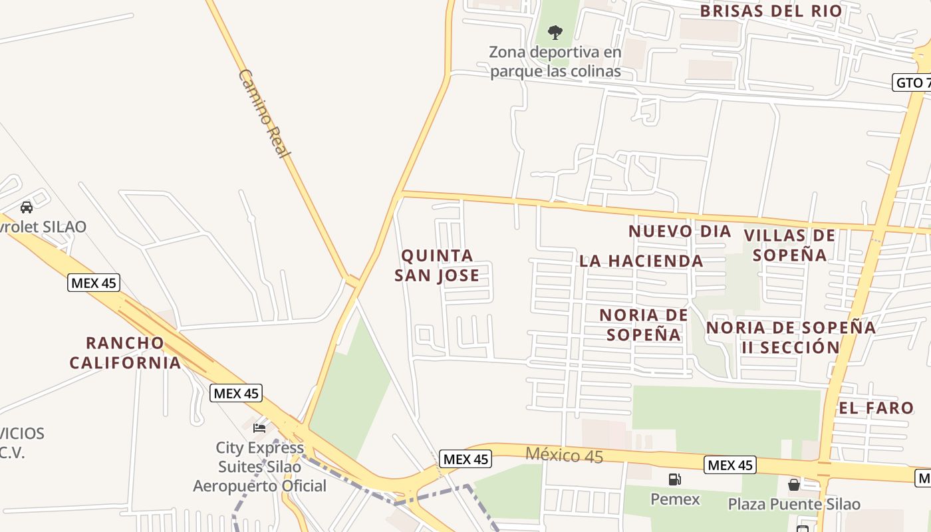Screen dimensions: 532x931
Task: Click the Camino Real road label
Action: pyautogui.click(x=265, y=113)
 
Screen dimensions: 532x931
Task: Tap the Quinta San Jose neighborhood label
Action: pyautogui.click(x=437, y=265)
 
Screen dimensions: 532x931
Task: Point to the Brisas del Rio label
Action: pyautogui.click(x=771, y=11)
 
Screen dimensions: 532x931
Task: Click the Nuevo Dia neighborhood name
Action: pyautogui.click(x=680, y=231)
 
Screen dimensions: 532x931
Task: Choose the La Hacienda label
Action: pyautogui.click(x=641, y=261)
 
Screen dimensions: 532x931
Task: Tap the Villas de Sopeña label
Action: pyautogui.click(x=789, y=245)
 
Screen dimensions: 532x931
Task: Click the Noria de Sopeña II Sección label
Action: pyautogui.click(x=791, y=337)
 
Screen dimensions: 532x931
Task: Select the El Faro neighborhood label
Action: pyautogui.click(x=876, y=408)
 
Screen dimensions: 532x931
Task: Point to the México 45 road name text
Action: pyautogui.click(x=564, y=456)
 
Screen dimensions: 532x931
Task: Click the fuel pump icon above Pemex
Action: pyautogui.click(x=674, y=479)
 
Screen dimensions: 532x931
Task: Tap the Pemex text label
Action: pyautogui.click(x=675, y=499)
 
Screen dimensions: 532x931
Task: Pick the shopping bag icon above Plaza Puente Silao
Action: pyautogui.click(x=793, y=484)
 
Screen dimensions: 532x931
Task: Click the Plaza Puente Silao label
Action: pyautogui.click(x=794, y=504)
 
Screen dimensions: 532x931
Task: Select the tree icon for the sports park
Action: pyautogui.click(x=555, y=32)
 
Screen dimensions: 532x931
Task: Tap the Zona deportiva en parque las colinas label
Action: pyautogui.click(x=555, y=61)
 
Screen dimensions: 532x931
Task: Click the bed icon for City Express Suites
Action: pyautogui.click(x=259, y=428)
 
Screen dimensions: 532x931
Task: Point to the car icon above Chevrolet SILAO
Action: pyautogui.click(x=27, y=207)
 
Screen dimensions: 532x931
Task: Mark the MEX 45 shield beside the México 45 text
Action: pyautogui.click(x=465, y=459)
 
